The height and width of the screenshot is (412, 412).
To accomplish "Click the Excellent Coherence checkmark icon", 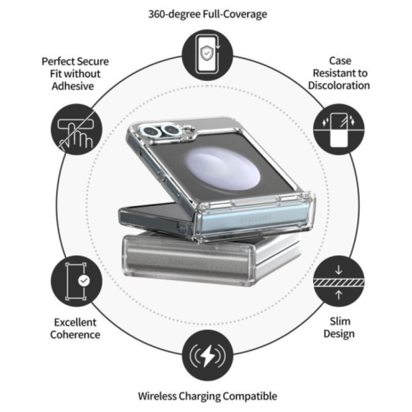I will [x=76, y=281].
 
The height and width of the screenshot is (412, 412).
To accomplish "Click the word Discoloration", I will [x=340, y=86].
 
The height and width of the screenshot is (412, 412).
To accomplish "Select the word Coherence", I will [x=76, y=335].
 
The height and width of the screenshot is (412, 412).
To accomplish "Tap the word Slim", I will [x=339, y=321].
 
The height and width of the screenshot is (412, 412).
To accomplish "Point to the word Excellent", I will [x=76, y=322].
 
